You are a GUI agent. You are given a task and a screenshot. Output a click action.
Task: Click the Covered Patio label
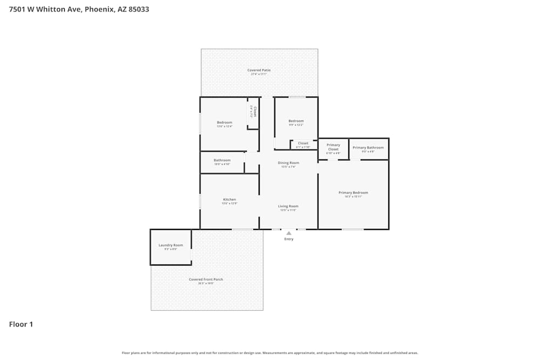(259, 70)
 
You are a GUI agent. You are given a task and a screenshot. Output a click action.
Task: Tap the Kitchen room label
(230, 200)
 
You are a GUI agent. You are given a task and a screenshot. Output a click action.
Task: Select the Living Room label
(288, 206)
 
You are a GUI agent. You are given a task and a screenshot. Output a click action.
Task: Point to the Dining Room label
(288, 163)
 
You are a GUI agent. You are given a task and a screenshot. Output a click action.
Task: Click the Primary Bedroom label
(353, 193)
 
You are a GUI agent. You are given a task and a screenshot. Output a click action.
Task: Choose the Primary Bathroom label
(368, 147)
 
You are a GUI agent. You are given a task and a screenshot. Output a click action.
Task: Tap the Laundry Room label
(171, 245)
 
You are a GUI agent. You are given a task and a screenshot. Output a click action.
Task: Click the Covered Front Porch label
(206, 279)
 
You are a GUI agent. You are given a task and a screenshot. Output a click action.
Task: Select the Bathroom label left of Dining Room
(222, 160)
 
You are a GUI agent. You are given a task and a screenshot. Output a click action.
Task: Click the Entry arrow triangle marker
(289, 233)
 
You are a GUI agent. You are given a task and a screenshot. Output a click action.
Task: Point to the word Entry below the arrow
(289, 239)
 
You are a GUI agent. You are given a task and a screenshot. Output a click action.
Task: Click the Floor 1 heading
(21, 324)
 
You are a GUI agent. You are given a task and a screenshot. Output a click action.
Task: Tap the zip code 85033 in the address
(139, 10)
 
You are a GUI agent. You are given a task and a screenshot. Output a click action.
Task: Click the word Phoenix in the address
(100, 10)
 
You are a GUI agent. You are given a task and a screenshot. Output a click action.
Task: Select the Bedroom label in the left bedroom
(225, 123)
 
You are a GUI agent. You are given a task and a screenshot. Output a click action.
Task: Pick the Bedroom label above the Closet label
(296, 121)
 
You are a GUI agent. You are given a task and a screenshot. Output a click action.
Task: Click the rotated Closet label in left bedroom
(254, 112)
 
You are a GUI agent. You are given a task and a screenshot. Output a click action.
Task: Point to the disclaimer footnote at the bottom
(270, 353)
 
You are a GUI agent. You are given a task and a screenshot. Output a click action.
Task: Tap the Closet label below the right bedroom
(303, 143)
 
